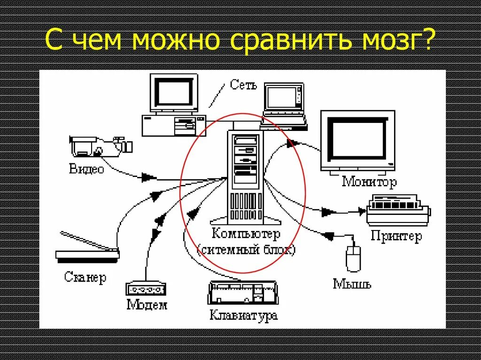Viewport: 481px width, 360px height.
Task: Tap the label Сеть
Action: [x=244, y=85]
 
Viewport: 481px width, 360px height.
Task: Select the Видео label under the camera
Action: [x=86, y=169]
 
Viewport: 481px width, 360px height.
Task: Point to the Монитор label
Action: [x=369, y=181]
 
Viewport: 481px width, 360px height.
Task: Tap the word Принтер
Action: [x=396, y=236]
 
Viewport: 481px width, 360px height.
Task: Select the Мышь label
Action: [x=352, y=283]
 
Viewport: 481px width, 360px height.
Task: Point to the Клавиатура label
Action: [x=243, y=315]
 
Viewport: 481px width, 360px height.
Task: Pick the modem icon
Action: [x=146, y=289]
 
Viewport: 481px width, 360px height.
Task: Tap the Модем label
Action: [x=147, y=305]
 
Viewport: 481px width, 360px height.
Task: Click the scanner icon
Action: [x=88, y=249]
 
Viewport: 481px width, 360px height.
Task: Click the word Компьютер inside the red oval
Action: [x=246, y=233]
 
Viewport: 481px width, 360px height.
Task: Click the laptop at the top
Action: [x=284, y=106]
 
